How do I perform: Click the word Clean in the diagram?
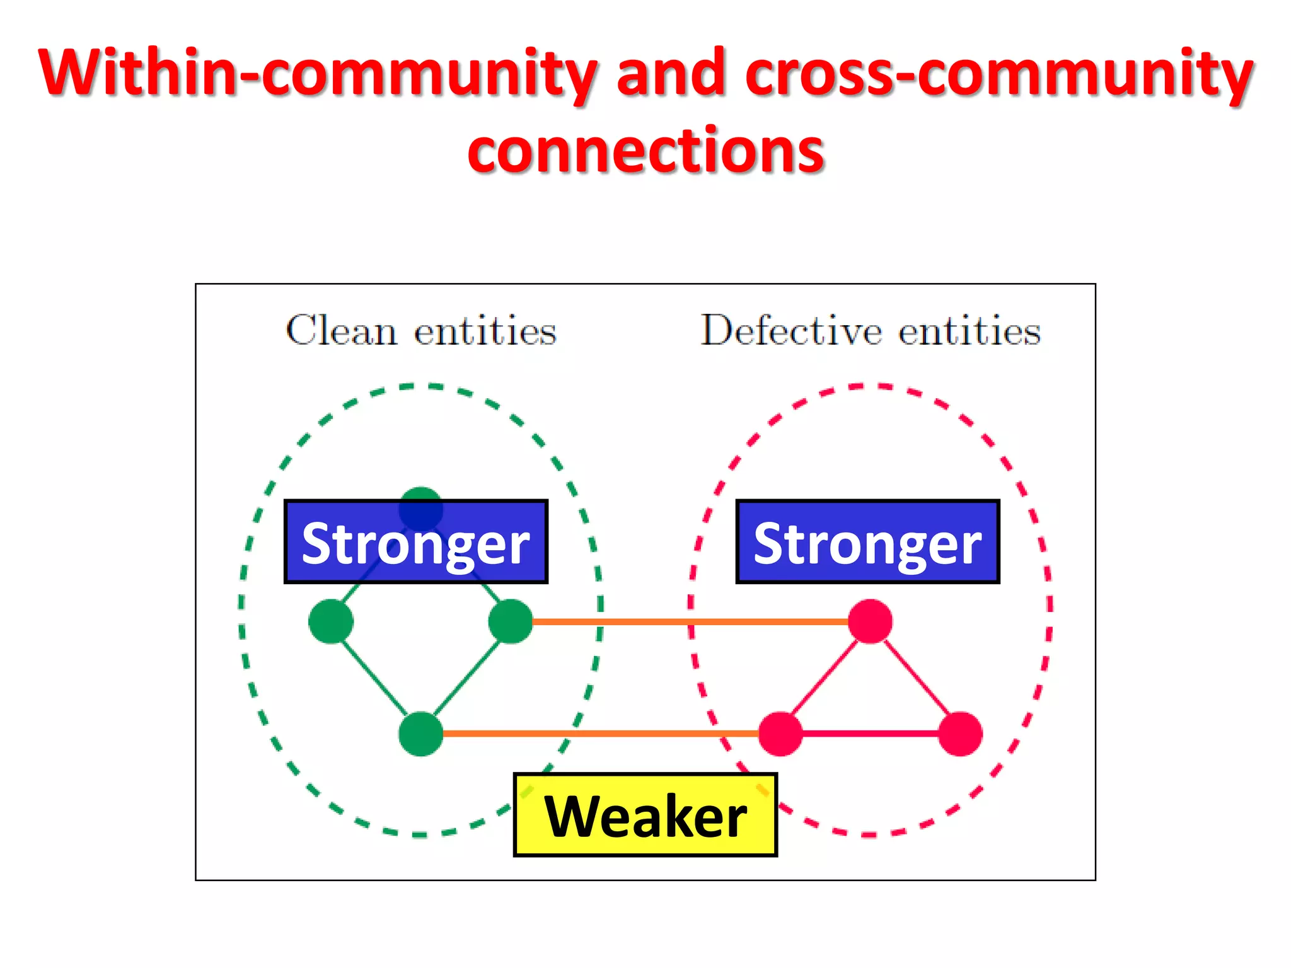coord(341,330)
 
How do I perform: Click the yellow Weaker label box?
coord(645,815)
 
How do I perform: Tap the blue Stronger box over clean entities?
coord(415,542)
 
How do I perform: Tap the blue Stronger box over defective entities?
coord(867,542)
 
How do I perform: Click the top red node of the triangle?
coord(870,621)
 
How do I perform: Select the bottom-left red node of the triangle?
coord(780,734)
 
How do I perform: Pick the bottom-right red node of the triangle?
coord(960,734)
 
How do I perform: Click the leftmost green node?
coord(331,621)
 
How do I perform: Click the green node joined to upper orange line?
coord(511,621)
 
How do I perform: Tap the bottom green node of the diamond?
coord(421,734)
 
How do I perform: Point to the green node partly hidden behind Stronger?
coord(421,494)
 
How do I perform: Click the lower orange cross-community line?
coord(599,734)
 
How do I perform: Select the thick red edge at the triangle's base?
coord(870,734)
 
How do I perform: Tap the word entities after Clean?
coord(485,330)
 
